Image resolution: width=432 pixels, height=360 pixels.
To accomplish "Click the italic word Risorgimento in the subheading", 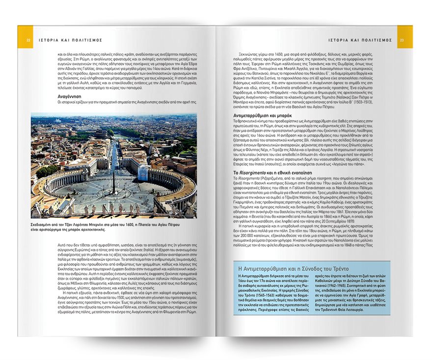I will pos(255,173).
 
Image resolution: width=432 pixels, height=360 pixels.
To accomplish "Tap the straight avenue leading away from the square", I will pos(114,147).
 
